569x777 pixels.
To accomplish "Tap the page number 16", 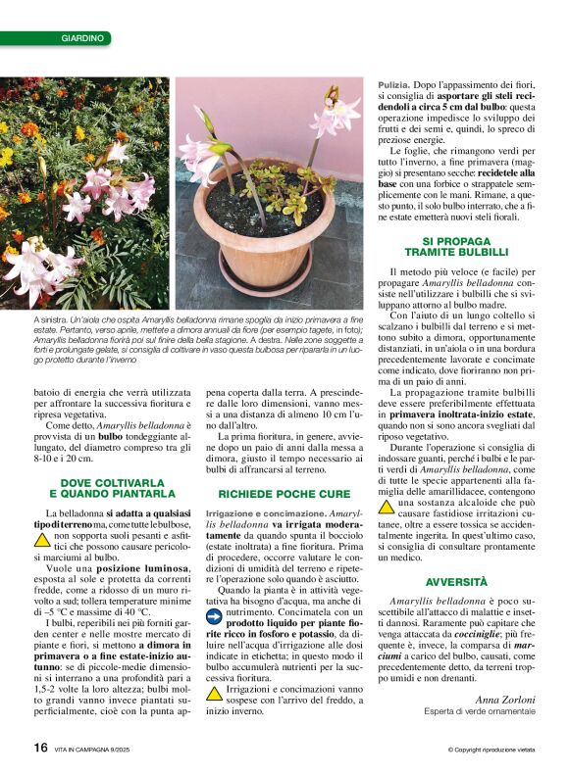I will point(40,747).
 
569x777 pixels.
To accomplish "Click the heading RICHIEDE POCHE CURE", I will point(284,494).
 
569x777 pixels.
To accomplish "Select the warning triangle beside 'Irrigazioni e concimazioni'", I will point(213,693).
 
